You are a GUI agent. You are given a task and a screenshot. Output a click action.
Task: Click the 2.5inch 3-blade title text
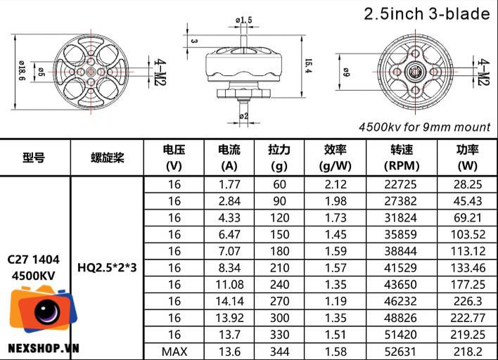coord(426,14)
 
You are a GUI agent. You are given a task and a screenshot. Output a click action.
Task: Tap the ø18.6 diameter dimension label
coord(22,70)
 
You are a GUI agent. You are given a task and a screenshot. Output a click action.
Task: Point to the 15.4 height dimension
coord(308,66)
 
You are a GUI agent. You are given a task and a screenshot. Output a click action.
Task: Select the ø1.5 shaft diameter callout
coord(244,20)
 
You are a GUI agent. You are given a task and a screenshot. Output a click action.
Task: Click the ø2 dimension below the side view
coord(243,116)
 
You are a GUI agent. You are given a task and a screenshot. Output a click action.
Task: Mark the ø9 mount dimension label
coord(346,72)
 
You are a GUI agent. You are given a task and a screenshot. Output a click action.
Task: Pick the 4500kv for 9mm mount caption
coord(425,127)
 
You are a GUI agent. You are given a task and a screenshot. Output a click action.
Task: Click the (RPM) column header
coord(402,166)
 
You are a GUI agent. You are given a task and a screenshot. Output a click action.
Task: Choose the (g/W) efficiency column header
coord(335,166)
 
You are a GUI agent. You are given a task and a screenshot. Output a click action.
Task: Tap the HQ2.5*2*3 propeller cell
coord(107,268)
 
